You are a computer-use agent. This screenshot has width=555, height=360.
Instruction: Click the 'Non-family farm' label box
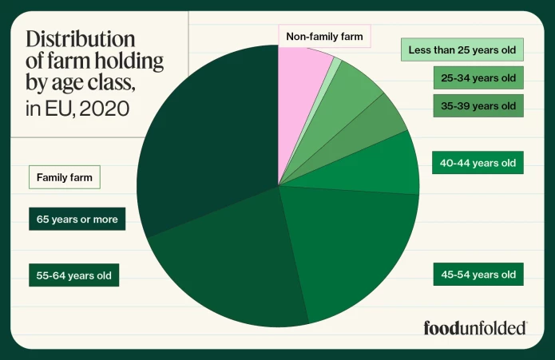324,36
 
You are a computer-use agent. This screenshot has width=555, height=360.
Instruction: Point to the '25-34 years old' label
478,78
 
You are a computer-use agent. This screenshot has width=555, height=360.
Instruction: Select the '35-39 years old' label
478,105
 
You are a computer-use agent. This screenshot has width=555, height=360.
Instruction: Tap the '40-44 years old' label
478,163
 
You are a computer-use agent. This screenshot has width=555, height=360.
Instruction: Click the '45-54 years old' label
478,275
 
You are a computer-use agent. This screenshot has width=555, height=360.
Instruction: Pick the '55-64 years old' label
73,275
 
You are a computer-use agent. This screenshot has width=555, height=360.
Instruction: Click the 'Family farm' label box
64,177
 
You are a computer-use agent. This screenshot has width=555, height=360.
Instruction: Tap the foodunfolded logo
474,327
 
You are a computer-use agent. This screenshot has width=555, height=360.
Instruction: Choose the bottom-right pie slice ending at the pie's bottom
351,247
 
